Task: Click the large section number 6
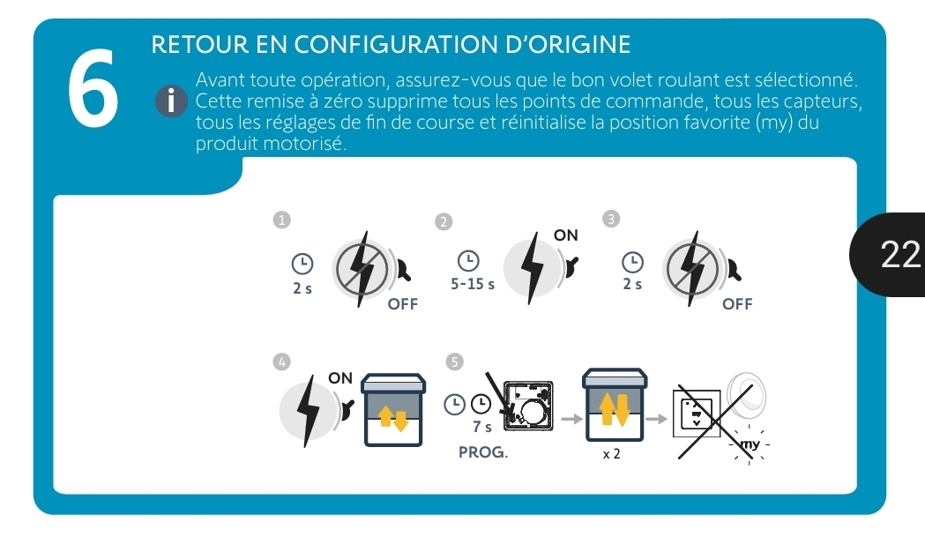click(x=93, y=87)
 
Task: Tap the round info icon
click(x=171, y=101)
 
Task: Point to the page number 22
click(x=900, y=254)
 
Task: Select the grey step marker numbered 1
click(x=282, y=220)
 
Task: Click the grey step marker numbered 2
click(x=444, y=221)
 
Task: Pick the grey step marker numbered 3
click(x=611, y=219)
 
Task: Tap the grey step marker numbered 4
click(x=282, y=362)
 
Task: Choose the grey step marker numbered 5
click(x=454, y=362)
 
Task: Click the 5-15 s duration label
click(x=473, y=284)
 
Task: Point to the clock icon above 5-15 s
click(x=468, y=260)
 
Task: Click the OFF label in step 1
click(x=403, y=304)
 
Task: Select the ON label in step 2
click(x=566, y=235)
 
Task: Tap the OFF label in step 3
click(x=737, y=304)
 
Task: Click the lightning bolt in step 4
click(x=308, y=411)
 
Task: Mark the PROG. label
click(x=483, y=452)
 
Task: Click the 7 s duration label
click(x=482, y=426)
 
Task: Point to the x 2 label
click(x=612, y=454)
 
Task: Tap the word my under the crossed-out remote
click(x=750, y=444)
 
